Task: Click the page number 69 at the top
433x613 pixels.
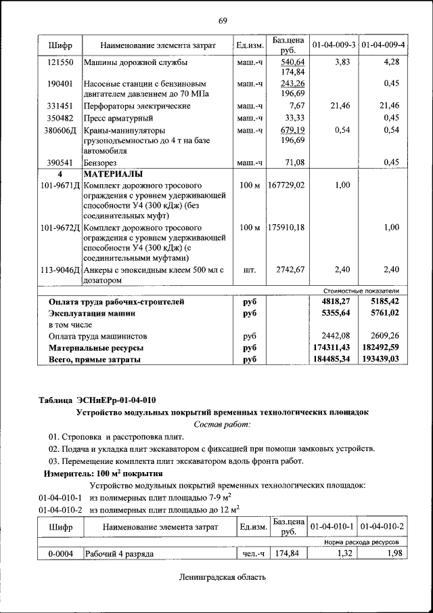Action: coord(223,20)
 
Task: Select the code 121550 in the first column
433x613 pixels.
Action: coord(60,62)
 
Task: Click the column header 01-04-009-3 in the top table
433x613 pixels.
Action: coord(334,45)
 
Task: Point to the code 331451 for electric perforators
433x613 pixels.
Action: coord(60,106)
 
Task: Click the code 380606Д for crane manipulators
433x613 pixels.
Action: coord(60,129)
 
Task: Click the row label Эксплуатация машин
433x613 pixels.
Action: coord(92,313)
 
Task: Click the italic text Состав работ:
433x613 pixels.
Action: coord(222,424)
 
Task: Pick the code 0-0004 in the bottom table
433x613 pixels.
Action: coord(60,554)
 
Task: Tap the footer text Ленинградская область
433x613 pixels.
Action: coord(223,578)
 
